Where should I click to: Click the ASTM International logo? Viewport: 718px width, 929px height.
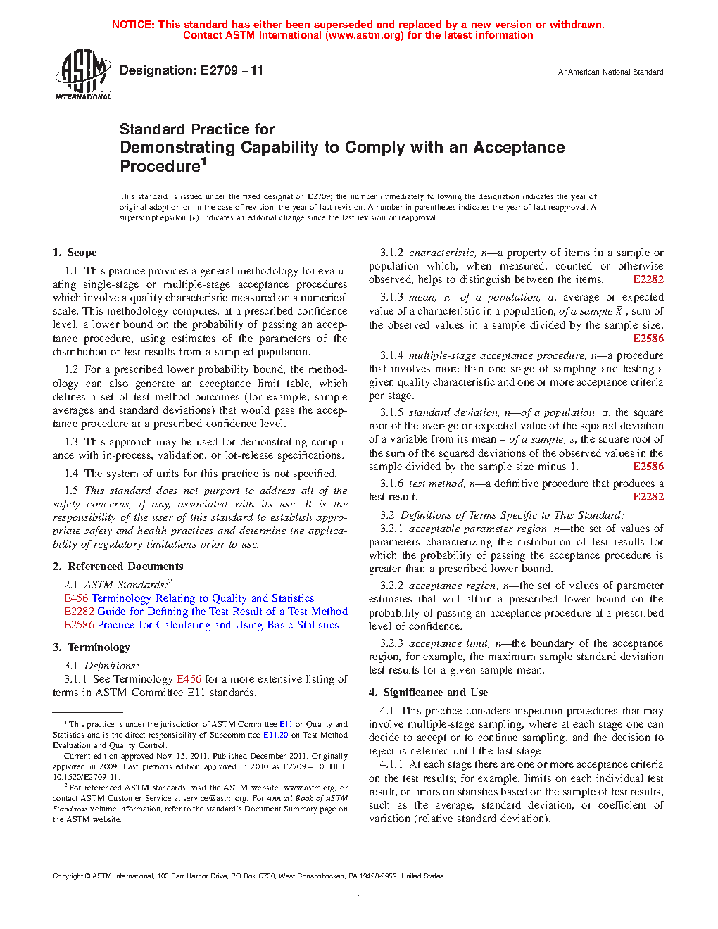[x=83, y=74]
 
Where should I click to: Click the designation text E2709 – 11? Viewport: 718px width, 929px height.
[x=232, y=70]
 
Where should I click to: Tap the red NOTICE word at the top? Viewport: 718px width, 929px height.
[x=133, y=25]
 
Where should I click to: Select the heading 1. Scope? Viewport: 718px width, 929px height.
[x=75, y=253]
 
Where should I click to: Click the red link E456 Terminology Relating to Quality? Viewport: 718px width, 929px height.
[x=189, y=598]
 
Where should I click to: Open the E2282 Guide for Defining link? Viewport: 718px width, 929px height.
[x=206, y=612]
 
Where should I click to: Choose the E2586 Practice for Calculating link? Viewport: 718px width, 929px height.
[x=201, y=625]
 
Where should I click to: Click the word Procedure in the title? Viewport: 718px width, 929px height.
[x=160, y=167]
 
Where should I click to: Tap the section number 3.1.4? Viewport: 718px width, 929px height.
[x=392, y=355]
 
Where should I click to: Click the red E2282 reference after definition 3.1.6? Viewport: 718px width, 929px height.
[x=648, y=497]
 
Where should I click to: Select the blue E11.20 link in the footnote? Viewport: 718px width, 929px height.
[x=275, y=735]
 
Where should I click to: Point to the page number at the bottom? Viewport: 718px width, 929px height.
[x=358, y=893]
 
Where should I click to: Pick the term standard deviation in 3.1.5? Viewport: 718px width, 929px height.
[x=443, y=412]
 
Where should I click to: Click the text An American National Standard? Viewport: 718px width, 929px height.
[x=610, y=72]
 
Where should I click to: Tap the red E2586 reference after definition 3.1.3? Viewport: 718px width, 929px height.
[x=648, y=339]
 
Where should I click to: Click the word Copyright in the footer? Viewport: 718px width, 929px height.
[x=68, y=876]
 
